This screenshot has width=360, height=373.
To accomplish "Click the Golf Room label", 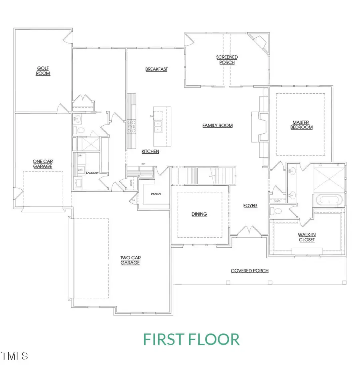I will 44,71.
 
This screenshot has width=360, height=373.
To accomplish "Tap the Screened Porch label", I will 227,60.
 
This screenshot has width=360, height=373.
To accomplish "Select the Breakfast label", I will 156,69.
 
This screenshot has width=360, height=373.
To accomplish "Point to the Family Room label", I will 217,126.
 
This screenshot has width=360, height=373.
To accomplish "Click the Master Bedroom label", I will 302,125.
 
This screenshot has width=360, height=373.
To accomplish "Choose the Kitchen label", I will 150,152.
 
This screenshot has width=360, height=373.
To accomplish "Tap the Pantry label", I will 156,194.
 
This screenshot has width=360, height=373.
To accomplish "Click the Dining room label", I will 199,214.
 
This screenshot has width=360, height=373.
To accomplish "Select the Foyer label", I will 250,206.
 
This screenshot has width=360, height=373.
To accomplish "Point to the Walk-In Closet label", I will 306,237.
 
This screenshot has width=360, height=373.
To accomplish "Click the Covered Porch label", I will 250,271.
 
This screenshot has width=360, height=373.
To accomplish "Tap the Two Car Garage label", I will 130,260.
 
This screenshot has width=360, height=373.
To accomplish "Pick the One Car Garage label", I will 42,164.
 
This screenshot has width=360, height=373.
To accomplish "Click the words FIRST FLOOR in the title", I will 191,339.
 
